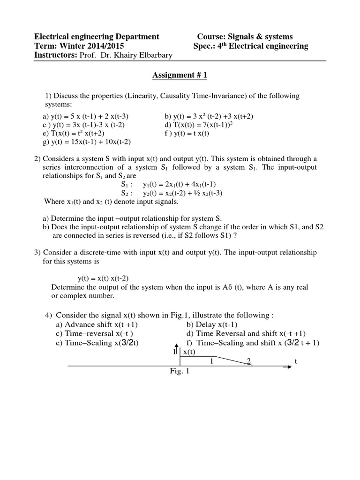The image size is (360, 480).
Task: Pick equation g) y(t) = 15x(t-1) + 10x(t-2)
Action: tap(87, 142)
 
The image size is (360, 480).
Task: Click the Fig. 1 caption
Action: tap(179, 371)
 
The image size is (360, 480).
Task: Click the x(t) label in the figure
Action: tap(190, 352)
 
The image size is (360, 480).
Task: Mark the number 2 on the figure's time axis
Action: tap(249, 360)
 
